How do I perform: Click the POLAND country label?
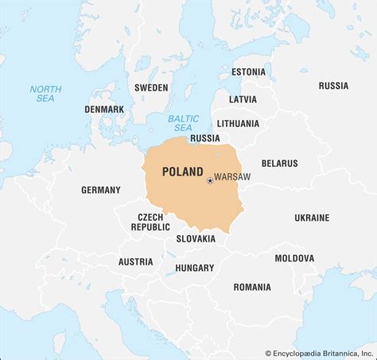182,171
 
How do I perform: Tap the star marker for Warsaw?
210,180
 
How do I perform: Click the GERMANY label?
101,190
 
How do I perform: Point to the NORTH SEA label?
45,94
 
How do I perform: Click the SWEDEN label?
151,87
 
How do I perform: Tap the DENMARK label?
104,109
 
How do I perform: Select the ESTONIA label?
248,72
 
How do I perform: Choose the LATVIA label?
243,99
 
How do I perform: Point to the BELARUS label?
279,163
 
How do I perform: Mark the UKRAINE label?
312,217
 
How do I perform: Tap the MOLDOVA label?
294,258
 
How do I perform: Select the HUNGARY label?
195,268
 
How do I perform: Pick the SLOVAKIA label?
196,238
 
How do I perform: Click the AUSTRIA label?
135,261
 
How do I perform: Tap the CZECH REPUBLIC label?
150,222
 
